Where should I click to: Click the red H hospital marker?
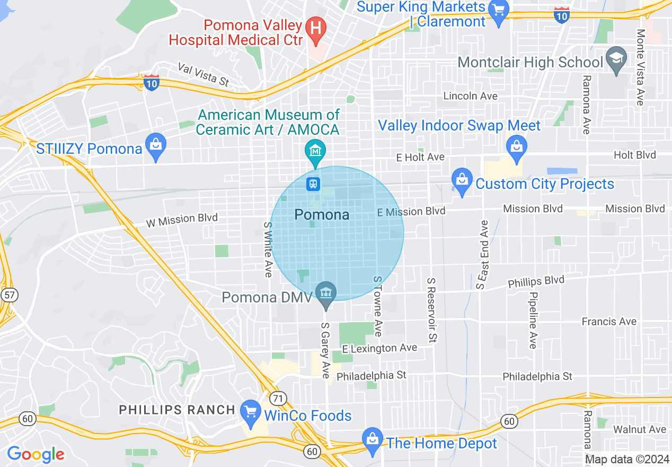point(316,27)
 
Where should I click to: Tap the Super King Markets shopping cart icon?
point(498,11)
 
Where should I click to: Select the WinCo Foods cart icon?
point(249,412)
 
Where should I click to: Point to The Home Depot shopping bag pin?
point(373,439)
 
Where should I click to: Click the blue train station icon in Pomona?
point(313,184)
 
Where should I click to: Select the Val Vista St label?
point(204,75)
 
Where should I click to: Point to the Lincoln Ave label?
point(471,96)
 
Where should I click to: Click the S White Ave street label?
point(268,249)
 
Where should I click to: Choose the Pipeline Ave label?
point(533,320)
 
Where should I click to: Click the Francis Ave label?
point(609,321)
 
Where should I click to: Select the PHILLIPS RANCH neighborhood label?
point(177,410)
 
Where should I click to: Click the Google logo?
point(35,454)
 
